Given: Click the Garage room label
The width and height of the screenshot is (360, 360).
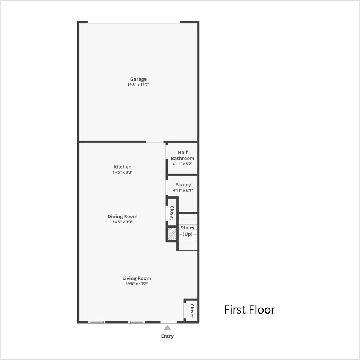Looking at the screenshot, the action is coord(138,79).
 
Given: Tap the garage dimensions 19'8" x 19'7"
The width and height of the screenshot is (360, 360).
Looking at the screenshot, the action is coord(138,85).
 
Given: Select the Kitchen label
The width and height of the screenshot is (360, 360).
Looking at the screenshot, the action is coord(122,167).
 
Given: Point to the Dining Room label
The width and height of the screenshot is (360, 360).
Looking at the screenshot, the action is coord(122,216).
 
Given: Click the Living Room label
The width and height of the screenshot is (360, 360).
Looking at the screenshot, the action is coord(136,279).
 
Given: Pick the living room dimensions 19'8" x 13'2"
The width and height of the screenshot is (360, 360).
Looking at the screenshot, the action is coord(136,284).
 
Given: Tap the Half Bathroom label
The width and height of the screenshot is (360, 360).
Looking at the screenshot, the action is coord(183,155).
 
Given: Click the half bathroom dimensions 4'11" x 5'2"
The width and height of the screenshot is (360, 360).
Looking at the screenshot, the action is coord(183,164).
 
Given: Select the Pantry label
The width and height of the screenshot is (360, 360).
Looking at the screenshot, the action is coord(183,185).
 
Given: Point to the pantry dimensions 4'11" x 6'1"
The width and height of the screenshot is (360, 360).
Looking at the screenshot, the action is coord(183,190).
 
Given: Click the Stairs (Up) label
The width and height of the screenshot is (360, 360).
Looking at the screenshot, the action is coord(187,231).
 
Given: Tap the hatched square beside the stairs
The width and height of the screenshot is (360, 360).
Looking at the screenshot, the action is coord(172,234).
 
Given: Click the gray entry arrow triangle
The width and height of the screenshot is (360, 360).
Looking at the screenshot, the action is coord(167,328).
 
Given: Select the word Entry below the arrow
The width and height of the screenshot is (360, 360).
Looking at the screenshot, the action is coord(167,336).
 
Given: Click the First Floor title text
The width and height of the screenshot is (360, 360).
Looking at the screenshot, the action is coord(249,310).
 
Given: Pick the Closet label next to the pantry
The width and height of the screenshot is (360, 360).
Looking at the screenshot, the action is coord(172,213).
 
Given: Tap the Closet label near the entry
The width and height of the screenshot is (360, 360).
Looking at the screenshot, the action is coord(192,311).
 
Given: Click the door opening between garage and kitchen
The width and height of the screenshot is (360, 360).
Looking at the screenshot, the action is coord(154,142).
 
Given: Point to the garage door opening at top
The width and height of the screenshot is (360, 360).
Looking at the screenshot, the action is coord(134,22).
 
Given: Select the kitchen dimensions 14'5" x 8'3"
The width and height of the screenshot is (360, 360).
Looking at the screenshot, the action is coord(122,172).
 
